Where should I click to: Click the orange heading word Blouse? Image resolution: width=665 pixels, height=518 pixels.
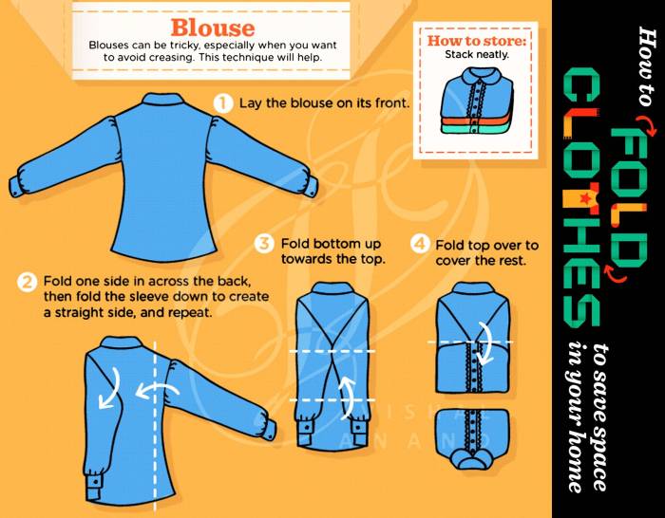tap(213, 28)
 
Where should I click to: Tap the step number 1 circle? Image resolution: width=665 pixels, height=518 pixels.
tap(223, 102)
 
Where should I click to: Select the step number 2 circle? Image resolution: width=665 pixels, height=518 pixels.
tap(27, 282)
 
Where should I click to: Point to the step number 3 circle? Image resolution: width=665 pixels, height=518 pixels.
tap(264, 244)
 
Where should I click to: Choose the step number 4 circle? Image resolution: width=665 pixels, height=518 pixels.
tap(419, 244)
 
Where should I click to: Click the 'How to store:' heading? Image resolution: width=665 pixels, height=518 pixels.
tap(476, 41)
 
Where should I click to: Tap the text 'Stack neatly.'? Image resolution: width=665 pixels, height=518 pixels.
tap(477, 55)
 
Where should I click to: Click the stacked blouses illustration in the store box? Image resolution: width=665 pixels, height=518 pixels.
tap(477, 101)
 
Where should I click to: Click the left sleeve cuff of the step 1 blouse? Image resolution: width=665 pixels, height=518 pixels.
tap(17, 186)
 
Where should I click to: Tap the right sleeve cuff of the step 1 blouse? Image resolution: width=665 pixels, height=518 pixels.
tap(310, 186)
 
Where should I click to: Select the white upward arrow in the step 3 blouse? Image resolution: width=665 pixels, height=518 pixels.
tap(348, 396)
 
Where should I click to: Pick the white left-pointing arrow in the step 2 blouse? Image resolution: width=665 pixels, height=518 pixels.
tap(157, 391)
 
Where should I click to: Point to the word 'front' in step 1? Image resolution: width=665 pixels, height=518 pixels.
tap(391, 102)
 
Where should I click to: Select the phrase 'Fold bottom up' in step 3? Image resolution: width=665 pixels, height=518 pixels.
tap(331, 244)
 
